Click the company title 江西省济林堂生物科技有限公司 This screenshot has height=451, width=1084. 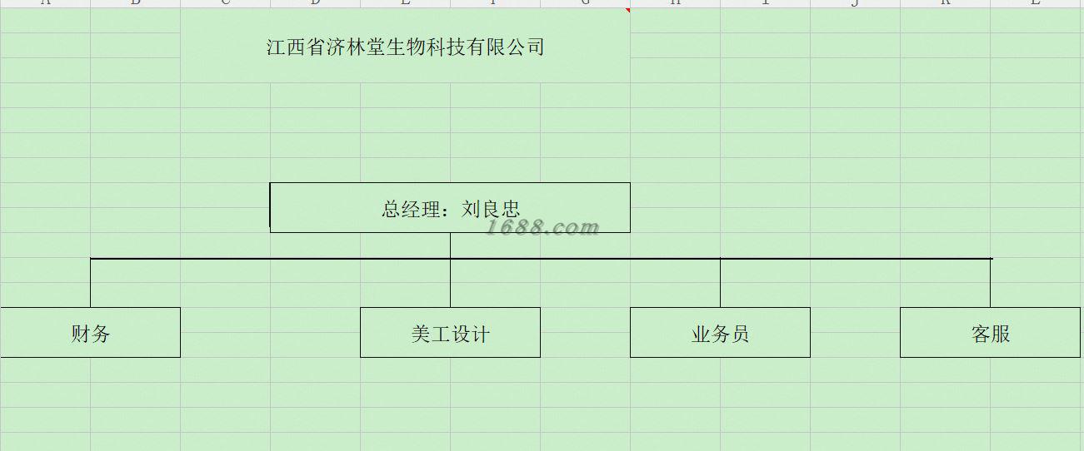pos(405,47)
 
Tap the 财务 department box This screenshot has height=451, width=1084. pos(90,333)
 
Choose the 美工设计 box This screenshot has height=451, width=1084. pos(450,333)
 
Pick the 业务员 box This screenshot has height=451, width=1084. pos(720,333)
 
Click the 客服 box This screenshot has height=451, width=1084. pos(990,333)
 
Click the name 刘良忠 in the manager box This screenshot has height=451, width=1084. pos(491,209)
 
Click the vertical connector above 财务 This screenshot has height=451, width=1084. pos(90,284)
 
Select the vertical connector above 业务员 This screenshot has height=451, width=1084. pos(720,284)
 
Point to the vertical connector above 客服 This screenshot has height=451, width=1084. pos(990,284)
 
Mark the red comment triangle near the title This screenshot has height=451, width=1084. pos(627,11)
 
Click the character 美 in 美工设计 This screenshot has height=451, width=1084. pos(422,335)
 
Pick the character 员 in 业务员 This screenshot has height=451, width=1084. pos(739,335)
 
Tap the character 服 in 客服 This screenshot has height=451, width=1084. pos(1000,335)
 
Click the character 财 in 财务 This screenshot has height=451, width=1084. pos(81,335)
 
